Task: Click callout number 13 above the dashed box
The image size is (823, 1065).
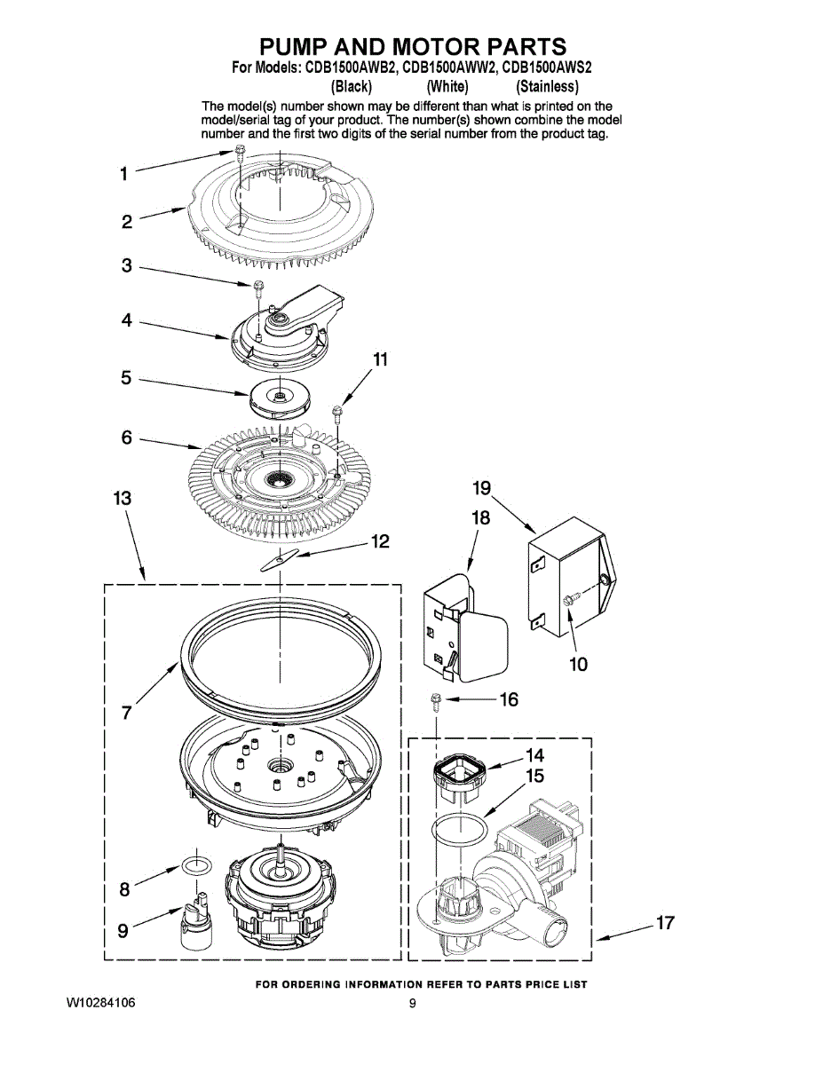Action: pos(123,499)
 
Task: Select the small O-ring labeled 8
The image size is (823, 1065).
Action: pos(196,866)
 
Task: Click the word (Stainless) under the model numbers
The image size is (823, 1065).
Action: pos(547,87)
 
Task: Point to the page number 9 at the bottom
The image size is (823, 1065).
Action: pos(412,1003)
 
